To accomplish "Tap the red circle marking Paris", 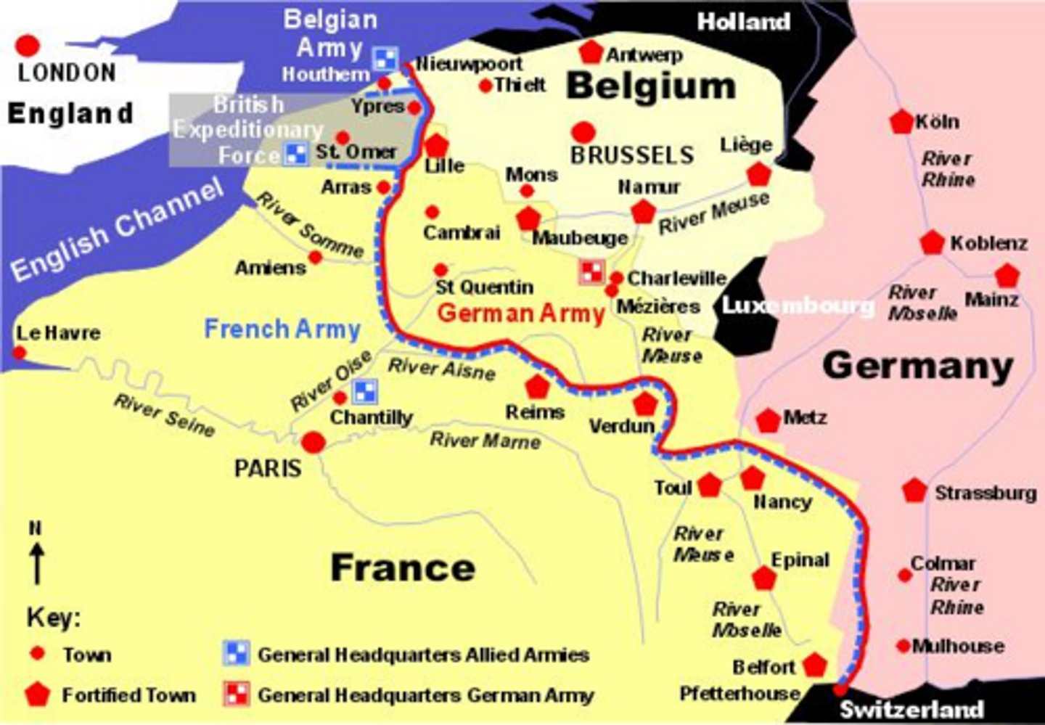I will (313, 442).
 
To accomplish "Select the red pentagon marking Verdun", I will (644, 404).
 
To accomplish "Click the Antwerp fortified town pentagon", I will (591, 52).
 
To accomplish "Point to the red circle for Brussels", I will (583, 132).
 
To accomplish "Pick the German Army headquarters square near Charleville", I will (591, 272).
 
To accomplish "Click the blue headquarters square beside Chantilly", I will (364, 392).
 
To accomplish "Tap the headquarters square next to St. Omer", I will (295, 154).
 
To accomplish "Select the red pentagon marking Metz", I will (768, 420).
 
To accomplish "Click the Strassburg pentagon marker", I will (914, 491).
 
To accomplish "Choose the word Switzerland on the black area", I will (911, 709).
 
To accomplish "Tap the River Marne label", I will (485, 440).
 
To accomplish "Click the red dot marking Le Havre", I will (20, 353).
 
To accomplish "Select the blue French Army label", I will (282, 329).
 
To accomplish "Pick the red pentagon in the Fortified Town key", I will (37, 695).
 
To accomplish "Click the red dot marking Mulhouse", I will (903, 646).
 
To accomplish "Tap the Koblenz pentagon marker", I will (932, 243).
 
